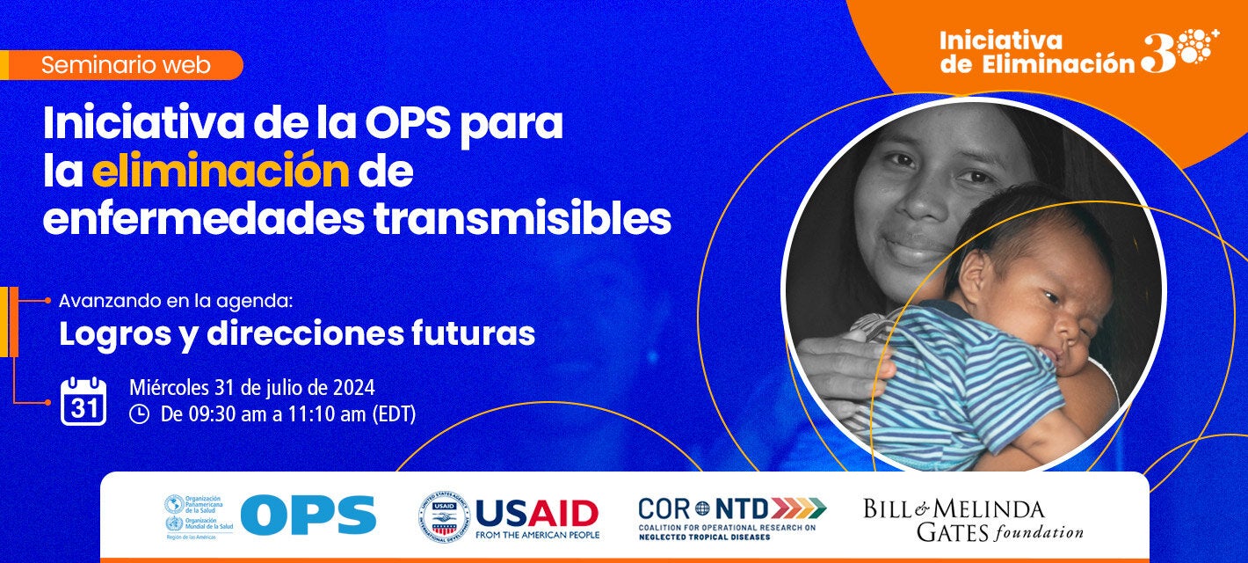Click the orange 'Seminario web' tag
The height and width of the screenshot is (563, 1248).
click(125, 65)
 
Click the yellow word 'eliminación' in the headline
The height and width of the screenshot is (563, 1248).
click(220, 172)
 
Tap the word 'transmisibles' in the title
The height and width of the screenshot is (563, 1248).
click(522, 220)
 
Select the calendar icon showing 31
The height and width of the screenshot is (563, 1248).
click(83, 402)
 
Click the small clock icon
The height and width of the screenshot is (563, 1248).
click(139, 413)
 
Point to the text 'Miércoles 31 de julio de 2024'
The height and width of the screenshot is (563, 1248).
click(251, 387)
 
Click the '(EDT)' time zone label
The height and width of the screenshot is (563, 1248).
click(393, 413)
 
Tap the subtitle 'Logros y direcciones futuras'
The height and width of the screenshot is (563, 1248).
click(296, 334)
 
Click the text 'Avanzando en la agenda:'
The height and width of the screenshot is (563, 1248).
click(175, 301)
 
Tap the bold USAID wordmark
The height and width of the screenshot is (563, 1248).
click(536, 511)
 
